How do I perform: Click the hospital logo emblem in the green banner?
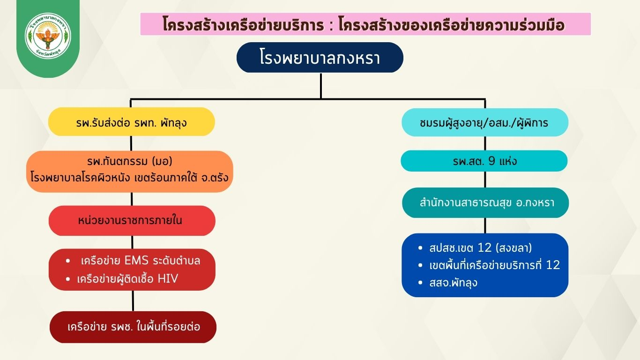coord(48,35)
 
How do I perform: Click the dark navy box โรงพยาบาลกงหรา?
coord(320,58)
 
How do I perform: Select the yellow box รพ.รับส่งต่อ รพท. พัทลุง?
coord(132,122)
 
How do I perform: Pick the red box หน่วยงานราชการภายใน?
coord(132,220)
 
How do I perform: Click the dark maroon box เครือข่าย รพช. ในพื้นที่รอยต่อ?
coord(133,327)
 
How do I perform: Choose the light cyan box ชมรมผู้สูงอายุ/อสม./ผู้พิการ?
coord(485,122)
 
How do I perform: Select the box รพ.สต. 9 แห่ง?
coord(484,161)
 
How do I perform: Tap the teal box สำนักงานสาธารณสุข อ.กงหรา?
coord(485,202)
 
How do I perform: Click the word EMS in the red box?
coord(136,261)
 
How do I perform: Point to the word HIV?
coord(168,278)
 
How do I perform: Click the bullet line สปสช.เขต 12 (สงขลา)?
coord(481,247)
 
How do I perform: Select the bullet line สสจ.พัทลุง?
coord(453,283)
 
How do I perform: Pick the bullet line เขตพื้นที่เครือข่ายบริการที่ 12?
coord(494,265)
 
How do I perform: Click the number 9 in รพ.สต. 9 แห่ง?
coord(491,161)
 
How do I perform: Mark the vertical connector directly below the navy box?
coord(321,86)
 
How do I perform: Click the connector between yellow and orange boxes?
coord(131,143)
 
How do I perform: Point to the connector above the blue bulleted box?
coord(485,225)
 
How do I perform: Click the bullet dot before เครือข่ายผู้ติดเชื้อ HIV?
coord(68,279)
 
